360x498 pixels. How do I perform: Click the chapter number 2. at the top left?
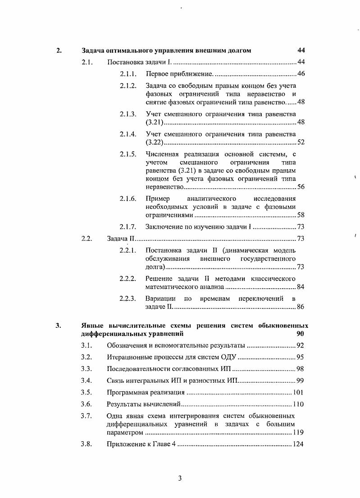point(59,50)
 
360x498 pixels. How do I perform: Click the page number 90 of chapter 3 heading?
point(301,334)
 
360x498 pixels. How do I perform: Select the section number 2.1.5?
point(128,154)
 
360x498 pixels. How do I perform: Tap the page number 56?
point(301,187)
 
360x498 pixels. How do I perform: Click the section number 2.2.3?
point(128,299)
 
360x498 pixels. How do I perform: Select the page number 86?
point(301,307)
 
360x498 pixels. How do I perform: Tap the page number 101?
point(298,392)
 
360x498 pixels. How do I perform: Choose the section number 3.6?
point(87,404)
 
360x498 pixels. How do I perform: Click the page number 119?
point(298,433)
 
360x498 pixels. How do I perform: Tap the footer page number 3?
point(179,478)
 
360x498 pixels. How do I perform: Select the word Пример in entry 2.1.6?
point(156,199)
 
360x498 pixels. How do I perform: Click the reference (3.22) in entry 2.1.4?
point(155,143)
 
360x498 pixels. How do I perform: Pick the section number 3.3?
point(87,369)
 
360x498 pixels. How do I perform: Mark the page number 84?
point(301,287)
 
